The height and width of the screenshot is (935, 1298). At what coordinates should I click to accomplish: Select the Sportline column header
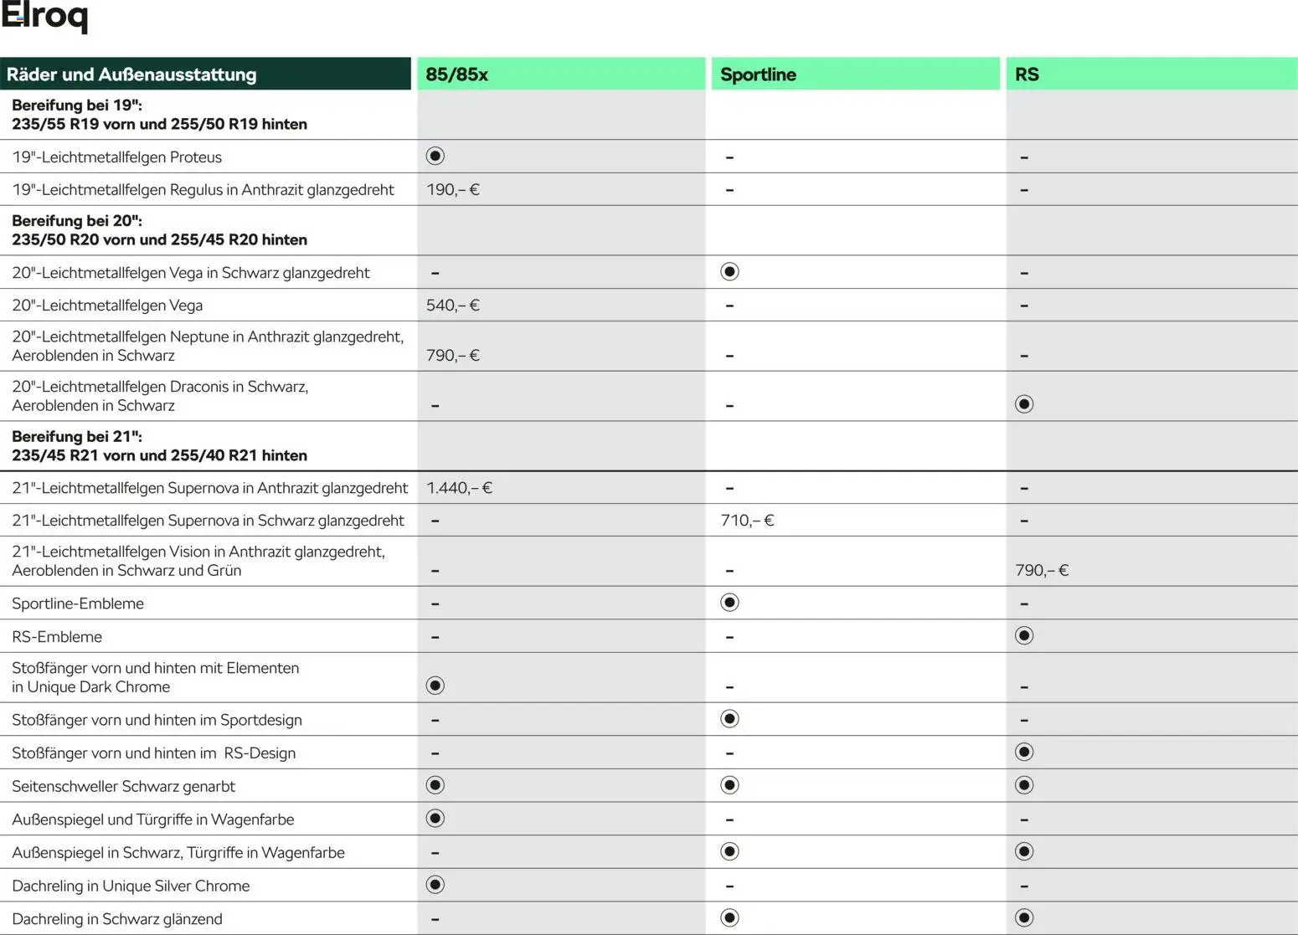[758, 74]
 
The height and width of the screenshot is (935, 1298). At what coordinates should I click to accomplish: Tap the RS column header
[1027, 74]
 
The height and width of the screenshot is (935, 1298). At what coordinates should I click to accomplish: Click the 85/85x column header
[456, 74]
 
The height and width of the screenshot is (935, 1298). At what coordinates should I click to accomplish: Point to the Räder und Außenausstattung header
[131, 74]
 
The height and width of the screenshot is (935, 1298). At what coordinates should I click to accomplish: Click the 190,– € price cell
[452, 190]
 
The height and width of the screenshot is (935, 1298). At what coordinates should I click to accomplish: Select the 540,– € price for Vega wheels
[452, 306]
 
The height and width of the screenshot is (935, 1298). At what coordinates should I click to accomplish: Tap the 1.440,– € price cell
[459, 488]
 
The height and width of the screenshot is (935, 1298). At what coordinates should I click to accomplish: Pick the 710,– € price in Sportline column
[747, 521]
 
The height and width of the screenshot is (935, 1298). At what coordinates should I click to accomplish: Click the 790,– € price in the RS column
[1042, 571]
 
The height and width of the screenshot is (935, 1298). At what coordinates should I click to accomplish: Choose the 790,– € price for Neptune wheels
[452, 356]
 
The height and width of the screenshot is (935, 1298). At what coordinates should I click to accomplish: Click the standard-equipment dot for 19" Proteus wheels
[435, 157]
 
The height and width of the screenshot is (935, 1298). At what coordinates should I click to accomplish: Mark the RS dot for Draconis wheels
[1024, 405]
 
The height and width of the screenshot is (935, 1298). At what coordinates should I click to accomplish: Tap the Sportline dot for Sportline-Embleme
[729, 603]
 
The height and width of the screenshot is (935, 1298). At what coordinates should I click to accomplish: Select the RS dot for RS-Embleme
[1024, 636]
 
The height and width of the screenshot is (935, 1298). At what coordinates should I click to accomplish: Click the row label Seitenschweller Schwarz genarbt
[123, 786]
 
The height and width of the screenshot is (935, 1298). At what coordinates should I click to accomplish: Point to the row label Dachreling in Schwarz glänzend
[117, 919]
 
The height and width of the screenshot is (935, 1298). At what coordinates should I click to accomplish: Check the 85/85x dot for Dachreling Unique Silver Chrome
[435, 885]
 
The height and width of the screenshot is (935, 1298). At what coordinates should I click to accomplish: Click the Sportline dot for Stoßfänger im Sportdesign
[729, 719]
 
